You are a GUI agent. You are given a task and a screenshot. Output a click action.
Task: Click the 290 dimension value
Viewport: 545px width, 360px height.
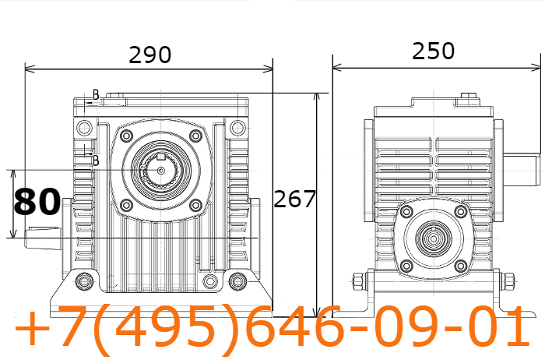[150, 55]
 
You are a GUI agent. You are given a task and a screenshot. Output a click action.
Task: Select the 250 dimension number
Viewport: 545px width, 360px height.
[433, 51]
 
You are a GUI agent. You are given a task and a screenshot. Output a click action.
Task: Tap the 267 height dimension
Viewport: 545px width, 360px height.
[295, 199]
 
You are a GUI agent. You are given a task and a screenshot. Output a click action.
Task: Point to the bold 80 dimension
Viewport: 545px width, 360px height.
[37, 202]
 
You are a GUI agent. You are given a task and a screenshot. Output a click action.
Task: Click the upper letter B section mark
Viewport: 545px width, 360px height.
[96, 94]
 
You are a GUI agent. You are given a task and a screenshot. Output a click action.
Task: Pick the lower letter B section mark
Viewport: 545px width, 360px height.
[96, 161]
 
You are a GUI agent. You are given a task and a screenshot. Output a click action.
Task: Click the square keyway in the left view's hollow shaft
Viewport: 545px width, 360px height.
[160, 157]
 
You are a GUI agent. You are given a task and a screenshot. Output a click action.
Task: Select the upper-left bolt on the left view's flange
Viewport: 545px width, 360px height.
[126, 136]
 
